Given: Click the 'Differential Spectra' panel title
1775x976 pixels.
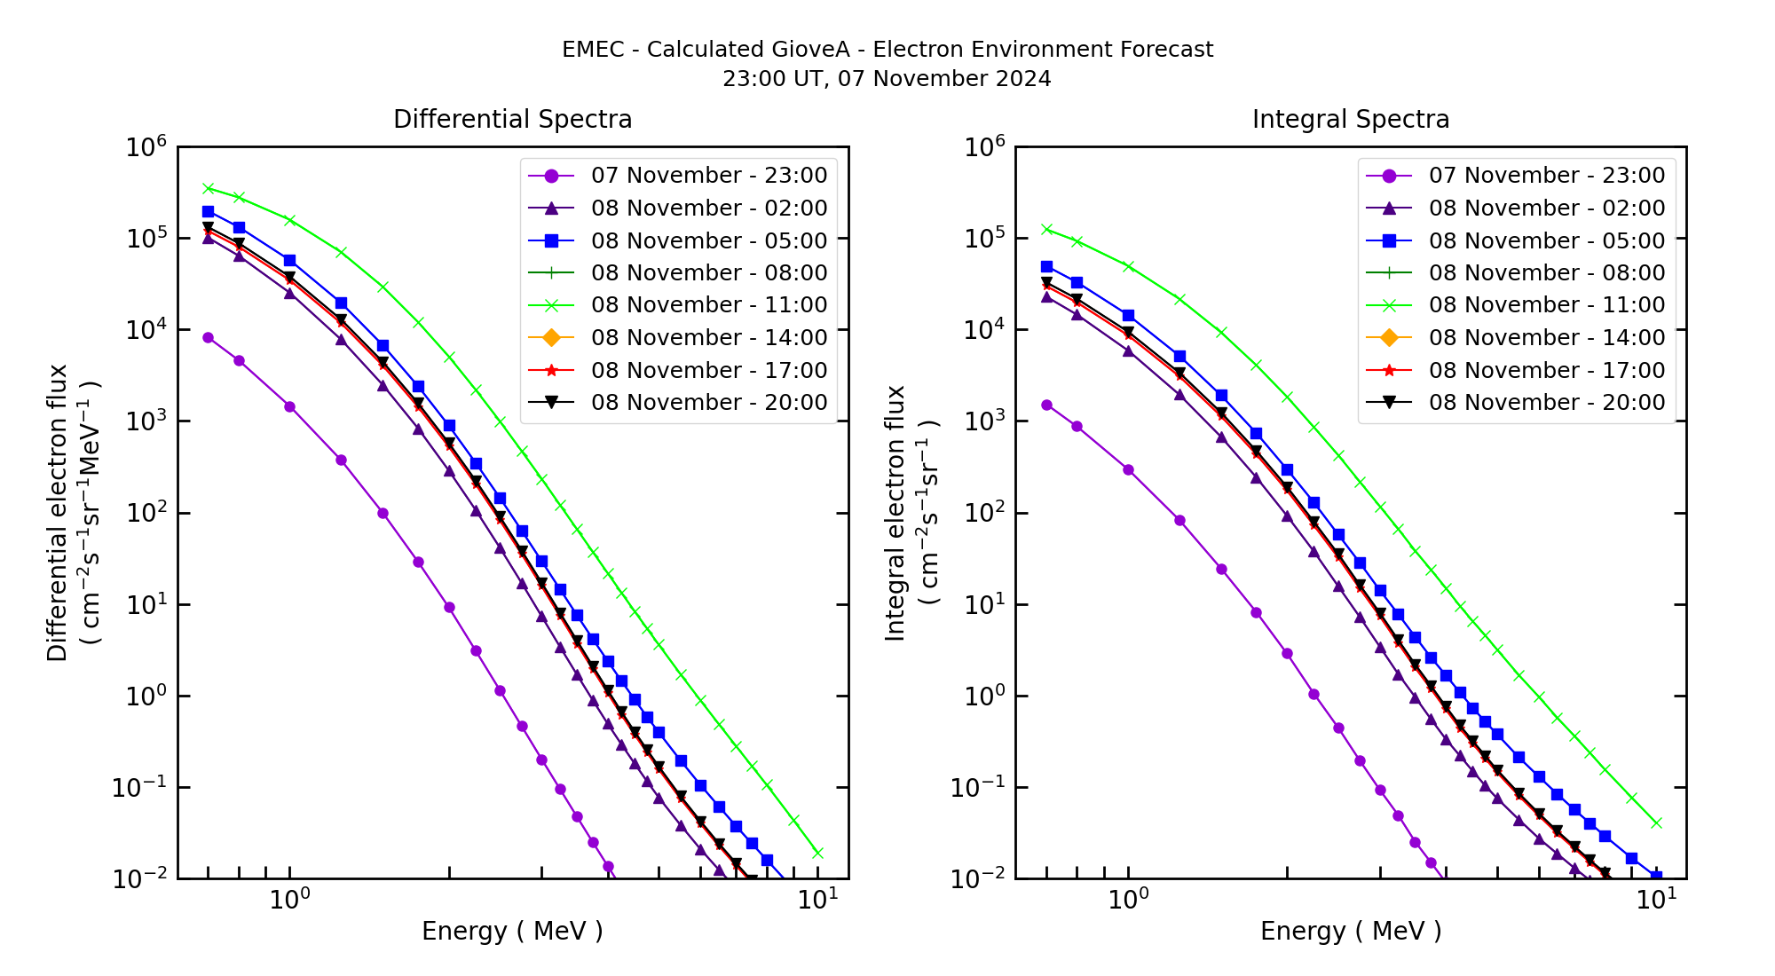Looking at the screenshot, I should pos(512,119).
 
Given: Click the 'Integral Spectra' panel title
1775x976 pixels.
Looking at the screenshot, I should pos(1350,119).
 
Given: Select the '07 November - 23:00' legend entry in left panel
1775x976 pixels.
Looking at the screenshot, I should pos(708,176).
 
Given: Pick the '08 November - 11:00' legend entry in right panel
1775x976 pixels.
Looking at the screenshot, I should pos(1546,305).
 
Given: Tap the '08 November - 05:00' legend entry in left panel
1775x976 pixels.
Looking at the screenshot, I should pos(708,240).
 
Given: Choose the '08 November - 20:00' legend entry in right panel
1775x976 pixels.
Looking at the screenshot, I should pos(1546,403).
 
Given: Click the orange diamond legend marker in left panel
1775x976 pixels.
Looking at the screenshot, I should pos(551,338).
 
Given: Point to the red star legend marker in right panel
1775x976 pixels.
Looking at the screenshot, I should pos(1389,370).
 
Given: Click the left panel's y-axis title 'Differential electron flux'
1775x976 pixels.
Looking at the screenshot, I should pos(58,512).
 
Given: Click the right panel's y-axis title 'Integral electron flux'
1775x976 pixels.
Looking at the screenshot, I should pos(895,512).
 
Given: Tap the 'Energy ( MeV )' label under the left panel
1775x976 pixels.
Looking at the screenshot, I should pos(512,931).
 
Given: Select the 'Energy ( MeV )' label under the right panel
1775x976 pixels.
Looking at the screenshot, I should pos(1350,931).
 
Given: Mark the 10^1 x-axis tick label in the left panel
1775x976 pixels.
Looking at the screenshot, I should pos(817,900).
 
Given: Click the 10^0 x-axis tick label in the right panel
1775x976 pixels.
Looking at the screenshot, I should pos(1128,900).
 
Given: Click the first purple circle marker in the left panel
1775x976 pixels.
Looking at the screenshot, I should pos(208,338).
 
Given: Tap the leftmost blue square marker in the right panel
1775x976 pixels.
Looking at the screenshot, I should pos(1046,266).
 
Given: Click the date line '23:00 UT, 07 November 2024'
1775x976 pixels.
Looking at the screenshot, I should pos(887,79).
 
